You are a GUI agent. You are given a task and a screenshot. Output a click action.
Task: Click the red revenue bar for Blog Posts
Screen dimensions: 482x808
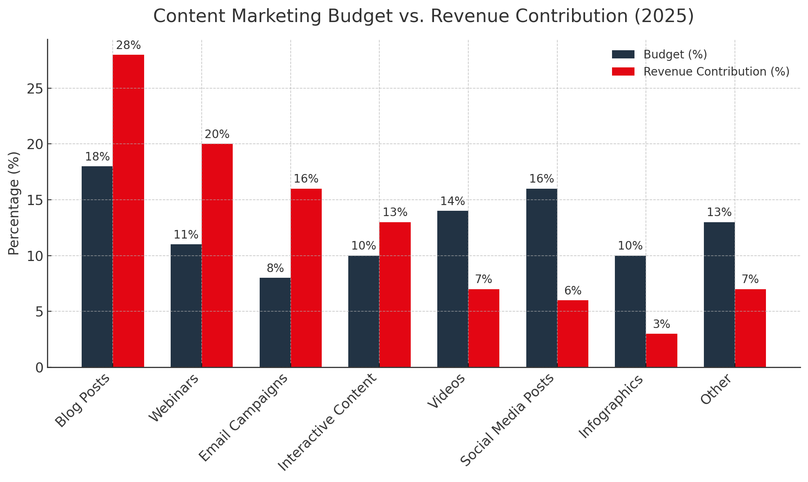click(128, 211)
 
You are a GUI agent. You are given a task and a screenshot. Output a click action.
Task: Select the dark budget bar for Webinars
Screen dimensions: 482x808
click(186, 306)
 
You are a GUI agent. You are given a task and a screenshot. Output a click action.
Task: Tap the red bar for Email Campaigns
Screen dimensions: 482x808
click(306, 278)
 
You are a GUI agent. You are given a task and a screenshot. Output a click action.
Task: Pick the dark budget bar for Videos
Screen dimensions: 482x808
click(452, 289)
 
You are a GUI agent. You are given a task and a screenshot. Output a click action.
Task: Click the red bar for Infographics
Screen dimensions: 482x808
click(661, 350)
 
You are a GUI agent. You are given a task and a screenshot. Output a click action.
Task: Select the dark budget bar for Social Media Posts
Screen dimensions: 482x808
click(541, 278)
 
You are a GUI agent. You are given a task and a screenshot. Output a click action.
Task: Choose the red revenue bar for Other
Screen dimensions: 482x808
click(750, 328)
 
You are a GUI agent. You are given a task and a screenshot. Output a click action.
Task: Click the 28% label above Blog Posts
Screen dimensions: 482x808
click(128, 46)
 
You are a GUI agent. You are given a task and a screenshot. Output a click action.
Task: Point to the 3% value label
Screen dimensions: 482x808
click(661, 325)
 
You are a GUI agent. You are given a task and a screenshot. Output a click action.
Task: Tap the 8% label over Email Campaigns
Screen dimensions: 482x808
click(275, 269)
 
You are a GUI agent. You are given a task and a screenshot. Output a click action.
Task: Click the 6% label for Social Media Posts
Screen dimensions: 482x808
click(573, 291)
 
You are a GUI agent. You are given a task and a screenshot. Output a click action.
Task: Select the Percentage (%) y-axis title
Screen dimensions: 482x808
click(14, 203)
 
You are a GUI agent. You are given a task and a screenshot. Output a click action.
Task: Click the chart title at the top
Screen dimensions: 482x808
click(423, 16)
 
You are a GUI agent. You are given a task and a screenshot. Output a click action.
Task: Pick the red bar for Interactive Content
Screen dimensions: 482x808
click(395, 295)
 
